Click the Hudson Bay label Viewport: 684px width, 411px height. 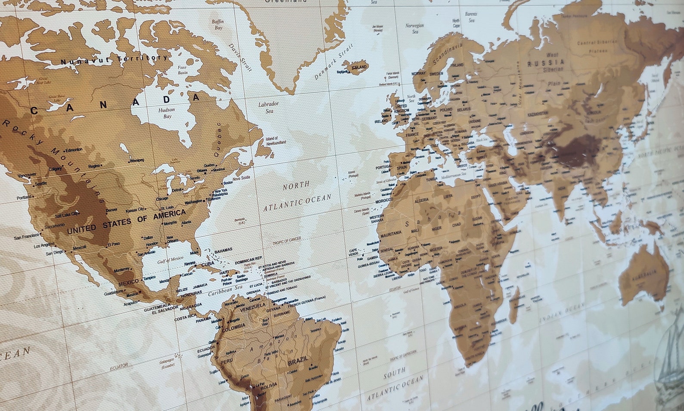pos(167,113)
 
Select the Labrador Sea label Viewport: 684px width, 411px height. pos(269,107)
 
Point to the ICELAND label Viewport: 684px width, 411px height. pos(359,67)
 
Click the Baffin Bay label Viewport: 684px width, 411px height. pos(218,25)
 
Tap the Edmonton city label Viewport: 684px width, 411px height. pos(74,150)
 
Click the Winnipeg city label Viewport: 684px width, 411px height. pos(137,160)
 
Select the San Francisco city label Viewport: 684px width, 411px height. pos(26,238)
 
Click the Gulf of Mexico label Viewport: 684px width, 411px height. pos(170,260)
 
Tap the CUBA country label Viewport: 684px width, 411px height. pos(208,264)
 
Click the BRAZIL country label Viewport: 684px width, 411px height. pos(298,359)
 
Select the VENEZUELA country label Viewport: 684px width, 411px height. pos(252,307)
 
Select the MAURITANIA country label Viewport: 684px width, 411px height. pos(391,232)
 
